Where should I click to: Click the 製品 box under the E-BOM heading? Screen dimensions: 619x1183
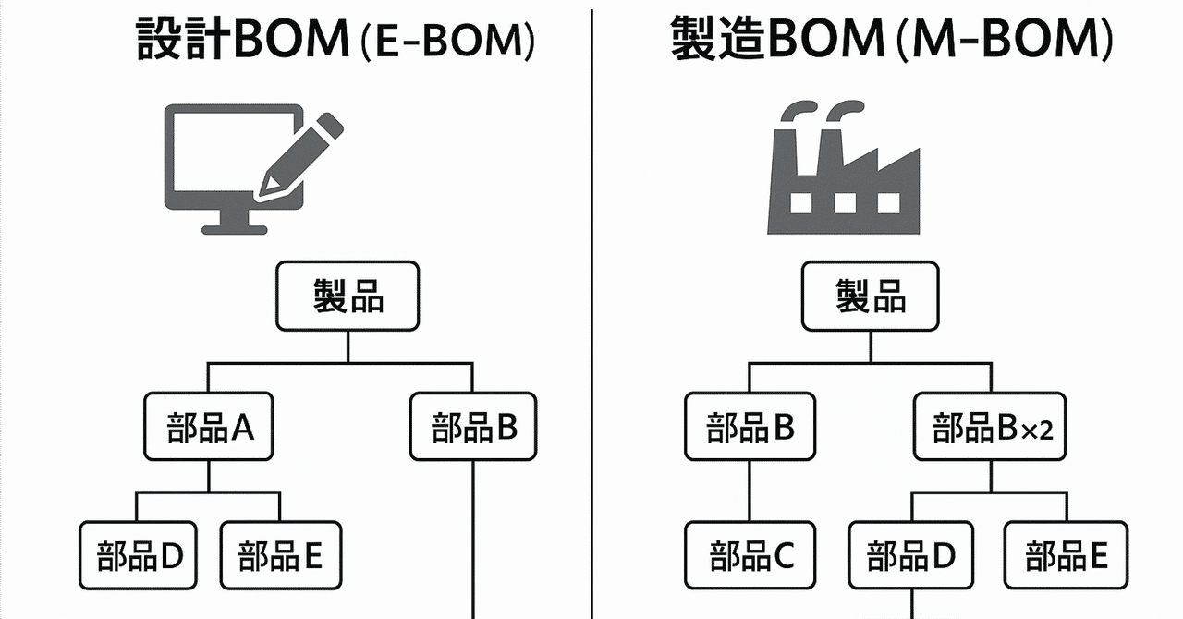[348, 297]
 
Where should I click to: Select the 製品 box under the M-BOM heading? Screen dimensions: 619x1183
[870, 297]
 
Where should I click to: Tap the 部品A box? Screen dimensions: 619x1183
[208, 427]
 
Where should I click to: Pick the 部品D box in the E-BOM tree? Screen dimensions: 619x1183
[139, 555]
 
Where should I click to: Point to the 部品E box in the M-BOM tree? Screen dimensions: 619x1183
[1066, 555]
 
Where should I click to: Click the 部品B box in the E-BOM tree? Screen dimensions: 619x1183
[473, 427]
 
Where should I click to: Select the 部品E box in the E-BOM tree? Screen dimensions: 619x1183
[280, 555]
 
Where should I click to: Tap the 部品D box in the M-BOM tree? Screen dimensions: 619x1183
[911, 555]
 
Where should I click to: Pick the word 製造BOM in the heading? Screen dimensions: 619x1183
[777, 42]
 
